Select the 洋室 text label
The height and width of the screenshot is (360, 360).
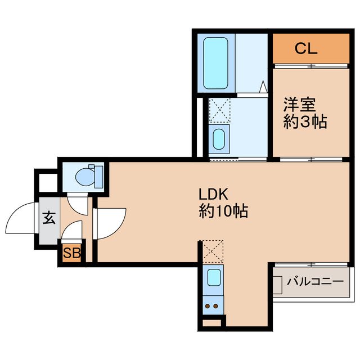tap(300, 105)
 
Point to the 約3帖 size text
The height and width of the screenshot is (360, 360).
tap(305, 122)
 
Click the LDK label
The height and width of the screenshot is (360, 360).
tap(213, 195)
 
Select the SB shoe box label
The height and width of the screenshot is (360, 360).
tap(71, 253)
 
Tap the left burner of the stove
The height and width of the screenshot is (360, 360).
tap(209, 307)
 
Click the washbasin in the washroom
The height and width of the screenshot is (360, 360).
tap(218, 138)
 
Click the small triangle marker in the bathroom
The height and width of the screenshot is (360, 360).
tap(263, 87)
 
